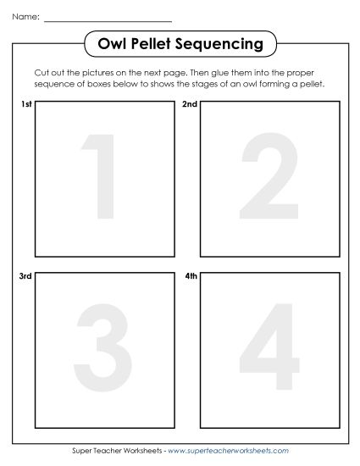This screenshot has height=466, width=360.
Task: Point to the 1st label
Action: coord(25,105)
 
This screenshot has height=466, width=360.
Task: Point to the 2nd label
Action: coord(191,105)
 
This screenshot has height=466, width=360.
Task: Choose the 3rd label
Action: coord(25,278)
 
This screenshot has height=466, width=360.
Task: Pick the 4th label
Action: coord(191,278)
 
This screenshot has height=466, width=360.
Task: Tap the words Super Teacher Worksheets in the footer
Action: coord(118,451)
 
